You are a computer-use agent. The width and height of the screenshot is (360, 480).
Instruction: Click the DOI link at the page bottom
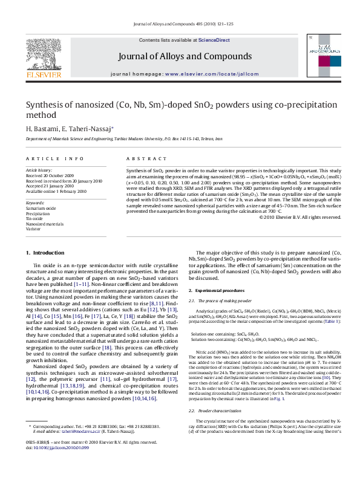[x=61, y=464]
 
